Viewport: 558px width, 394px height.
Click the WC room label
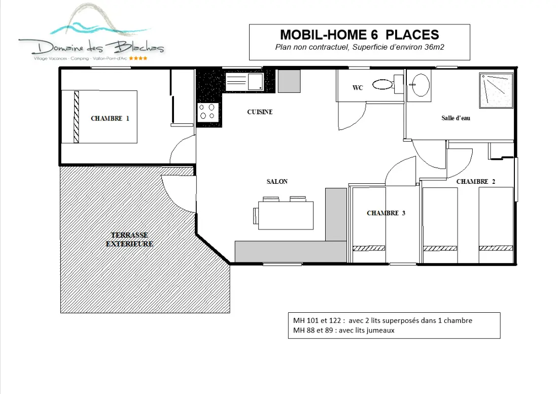click(x=358, y=88)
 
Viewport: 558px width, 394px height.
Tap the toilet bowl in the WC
click(x=382, y=84)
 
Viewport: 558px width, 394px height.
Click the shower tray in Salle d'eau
click(x=496, y=90)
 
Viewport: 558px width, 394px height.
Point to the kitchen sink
click(x=245, y=82)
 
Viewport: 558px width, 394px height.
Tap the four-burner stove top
click(x=208, y=112)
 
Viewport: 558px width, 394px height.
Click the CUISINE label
click(x=260, y=112)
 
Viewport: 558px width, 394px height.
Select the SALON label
click(x=277, y=181)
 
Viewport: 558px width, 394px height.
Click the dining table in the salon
click(x=286, y=215)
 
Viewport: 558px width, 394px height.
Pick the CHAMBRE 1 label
click(x=110, y=118)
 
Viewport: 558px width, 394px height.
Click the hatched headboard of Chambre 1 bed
click(x=76, y=117)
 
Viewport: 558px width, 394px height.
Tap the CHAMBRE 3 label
click(x=386, y=213)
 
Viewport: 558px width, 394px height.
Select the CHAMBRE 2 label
click(x=476, y=181)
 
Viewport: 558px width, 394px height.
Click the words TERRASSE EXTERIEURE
click(x=129, y=239)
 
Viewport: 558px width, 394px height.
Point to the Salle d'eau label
click(x=456, y=118)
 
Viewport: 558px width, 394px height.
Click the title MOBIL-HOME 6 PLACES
click(x=360, y=35)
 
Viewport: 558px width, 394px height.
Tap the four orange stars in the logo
click(x=138, y=58)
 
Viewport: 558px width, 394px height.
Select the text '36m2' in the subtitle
click(x=434, y=47)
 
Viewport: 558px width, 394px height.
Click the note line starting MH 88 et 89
click(x=344, y=330)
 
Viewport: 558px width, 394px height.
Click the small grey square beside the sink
click(x=289, y=81)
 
